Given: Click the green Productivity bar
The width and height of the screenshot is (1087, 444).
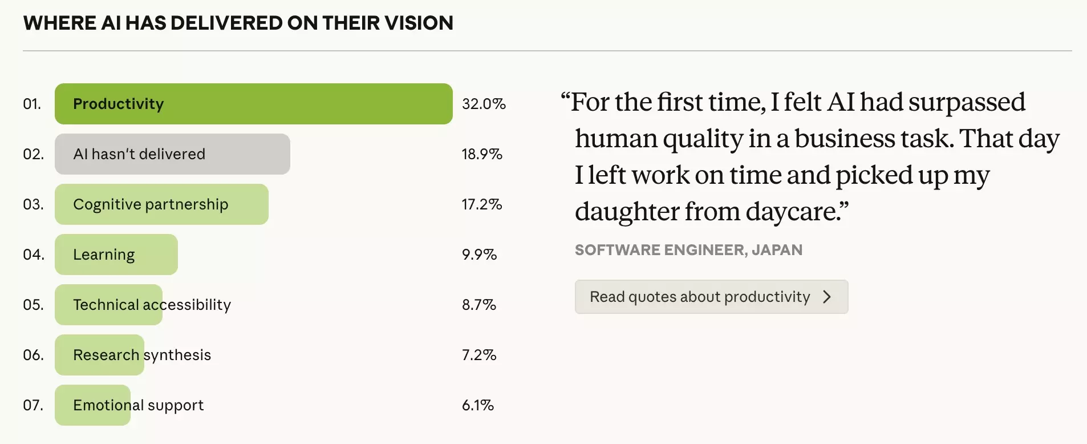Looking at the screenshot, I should click(x=253, y=104).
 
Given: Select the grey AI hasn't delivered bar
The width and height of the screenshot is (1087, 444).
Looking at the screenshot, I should click(x=172, y=154).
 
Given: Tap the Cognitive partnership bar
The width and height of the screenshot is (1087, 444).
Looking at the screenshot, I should click(x=161, y=204).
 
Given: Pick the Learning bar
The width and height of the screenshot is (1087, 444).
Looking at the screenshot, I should click(x=116, y=255).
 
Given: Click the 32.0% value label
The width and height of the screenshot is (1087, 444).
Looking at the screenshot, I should click(x=484, y=104).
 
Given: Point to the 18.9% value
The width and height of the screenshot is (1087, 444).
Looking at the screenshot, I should click(x=482, y=154).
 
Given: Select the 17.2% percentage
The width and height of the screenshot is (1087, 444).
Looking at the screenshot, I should click(x=482, y=204).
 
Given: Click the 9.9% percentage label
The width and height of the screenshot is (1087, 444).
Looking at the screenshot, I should click(x=479, y=255).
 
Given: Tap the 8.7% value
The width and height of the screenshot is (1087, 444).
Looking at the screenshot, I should click(x=479, y=305).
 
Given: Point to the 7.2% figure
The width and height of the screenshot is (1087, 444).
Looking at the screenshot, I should click(x=479, y=355).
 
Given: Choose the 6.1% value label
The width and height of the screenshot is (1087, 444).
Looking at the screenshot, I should click(x=478, y=405).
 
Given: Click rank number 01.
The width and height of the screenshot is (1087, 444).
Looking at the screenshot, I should click(x=32, y=104).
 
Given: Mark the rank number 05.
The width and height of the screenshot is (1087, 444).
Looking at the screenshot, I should click(x=33, y=305).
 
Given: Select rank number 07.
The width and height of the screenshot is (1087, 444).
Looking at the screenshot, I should click(x=33, y=405).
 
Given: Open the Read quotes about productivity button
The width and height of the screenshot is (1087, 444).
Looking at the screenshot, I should click(x=711, y=297).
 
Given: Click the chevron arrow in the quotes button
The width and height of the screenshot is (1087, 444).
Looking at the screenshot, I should click(x=827, y=297).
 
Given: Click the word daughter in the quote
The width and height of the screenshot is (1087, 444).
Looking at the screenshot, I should click(x=626, y=212).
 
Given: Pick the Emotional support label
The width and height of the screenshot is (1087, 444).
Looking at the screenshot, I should click(x=138, y=405).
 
